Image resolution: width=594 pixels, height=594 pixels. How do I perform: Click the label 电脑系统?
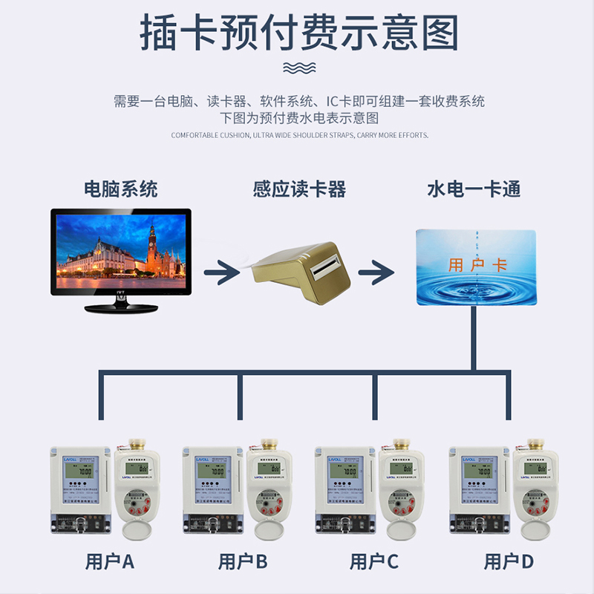coord(121,189)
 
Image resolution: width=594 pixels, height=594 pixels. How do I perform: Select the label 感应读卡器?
coord(299,189)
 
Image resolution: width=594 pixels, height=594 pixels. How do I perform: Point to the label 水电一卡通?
coord(474,189)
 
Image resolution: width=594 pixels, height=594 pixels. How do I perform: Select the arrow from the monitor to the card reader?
coord(221,272)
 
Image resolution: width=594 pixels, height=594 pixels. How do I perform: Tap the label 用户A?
coord(110,561)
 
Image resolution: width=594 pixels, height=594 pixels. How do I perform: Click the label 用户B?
coord(242,561)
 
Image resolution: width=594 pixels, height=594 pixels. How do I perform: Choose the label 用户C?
coord(374,561)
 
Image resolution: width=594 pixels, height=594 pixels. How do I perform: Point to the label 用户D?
coord(509,561)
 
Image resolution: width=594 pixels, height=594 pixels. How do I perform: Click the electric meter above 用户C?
coord(345,490)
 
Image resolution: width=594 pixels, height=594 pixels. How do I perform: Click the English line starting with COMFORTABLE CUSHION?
coord(299,135)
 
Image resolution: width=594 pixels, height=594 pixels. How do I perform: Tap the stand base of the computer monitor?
coord(121,306)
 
